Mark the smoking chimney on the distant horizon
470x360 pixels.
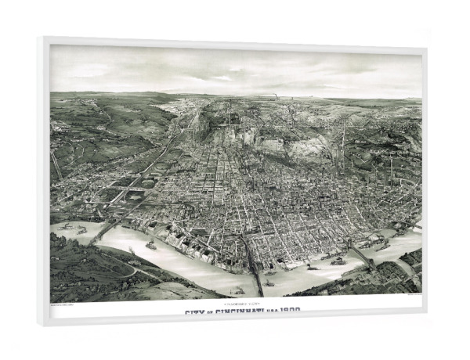point(276,98)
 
